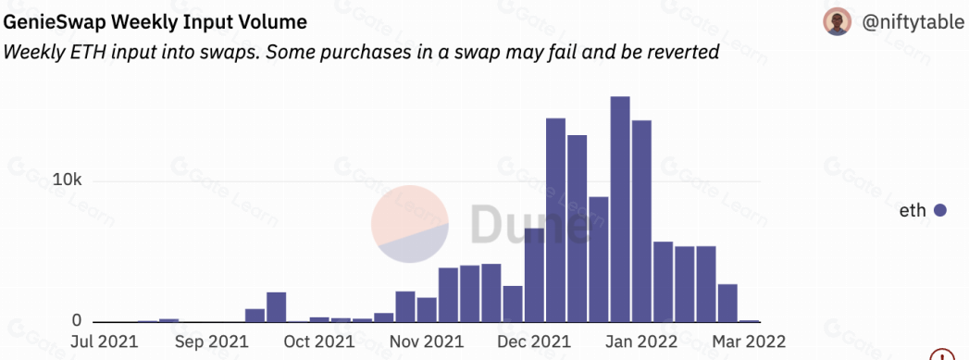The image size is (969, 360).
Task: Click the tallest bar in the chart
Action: (x=620, y=209)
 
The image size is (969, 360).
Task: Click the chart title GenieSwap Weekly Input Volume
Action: (x=155, y=23)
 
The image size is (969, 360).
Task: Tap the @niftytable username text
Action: (x=913, y=23)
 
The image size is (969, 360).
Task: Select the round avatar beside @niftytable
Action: (x=838, y=22)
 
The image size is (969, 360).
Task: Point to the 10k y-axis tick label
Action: (x=68, y=180)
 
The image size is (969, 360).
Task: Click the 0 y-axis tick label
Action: (x=77, y=320)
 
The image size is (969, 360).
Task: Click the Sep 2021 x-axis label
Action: (x=212, y=341)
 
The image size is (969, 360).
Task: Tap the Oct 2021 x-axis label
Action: (x=318, y=341)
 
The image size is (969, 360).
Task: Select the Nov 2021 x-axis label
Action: (x=427, y=341)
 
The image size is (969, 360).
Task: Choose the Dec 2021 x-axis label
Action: (x=534, y=341)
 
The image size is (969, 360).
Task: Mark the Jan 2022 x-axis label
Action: (x=641, y=341)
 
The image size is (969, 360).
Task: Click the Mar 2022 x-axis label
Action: (x=749, y=341)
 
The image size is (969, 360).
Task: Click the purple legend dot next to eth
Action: (x=940, y=211)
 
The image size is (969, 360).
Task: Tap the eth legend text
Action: (x=913, y=211)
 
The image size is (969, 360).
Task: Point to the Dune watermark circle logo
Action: (x=410, y=224)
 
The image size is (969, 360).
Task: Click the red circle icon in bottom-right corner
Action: (x=942, y=354)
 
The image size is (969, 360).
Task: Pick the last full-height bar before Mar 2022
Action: (x=727, y=304)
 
